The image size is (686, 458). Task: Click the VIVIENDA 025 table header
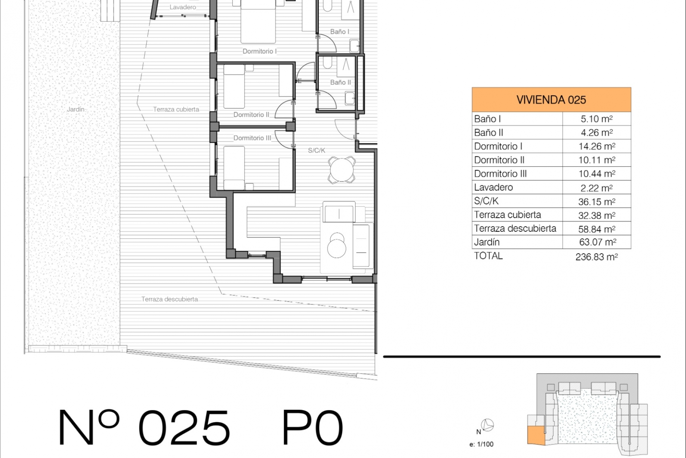[x=551, y=100]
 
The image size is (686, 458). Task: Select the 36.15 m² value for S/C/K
[x=597, y=201]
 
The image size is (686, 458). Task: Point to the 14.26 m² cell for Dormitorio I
[x=597, y=146]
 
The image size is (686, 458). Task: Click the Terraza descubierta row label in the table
[x=515, y=228]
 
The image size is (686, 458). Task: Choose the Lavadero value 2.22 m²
[x=597, y=187]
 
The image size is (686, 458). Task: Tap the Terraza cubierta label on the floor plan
[x=176, y=109]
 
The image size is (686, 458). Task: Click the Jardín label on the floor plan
[x=76, y=109]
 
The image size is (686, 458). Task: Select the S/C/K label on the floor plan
[x=317, y=151]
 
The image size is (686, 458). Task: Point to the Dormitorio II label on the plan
[x=252, y=115]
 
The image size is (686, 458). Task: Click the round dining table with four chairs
[x=342, y=170]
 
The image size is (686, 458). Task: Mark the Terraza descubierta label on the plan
[x=170, y=299]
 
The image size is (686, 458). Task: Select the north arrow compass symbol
[x=488, y=425]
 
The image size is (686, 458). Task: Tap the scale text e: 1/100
[x=481, y=444]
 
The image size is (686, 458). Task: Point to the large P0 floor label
[x=313, y=427]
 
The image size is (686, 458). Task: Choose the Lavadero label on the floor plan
[x=183, y=7]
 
